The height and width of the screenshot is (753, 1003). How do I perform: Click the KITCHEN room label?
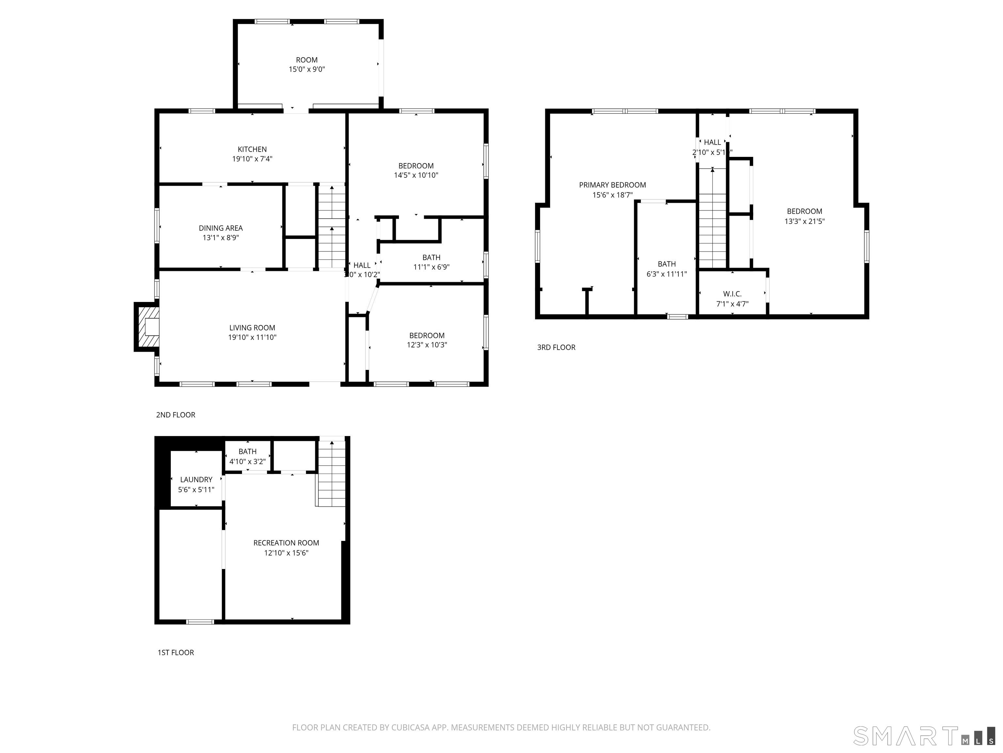click(252, 149)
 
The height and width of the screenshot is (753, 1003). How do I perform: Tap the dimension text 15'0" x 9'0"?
click(307, 69)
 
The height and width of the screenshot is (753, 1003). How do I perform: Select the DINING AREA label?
click(220, 228)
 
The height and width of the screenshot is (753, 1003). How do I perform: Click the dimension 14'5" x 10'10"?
click(416, 175)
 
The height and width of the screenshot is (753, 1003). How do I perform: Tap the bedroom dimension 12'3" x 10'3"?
click(427, 345)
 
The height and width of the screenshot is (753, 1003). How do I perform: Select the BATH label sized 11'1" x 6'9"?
click(431, 257)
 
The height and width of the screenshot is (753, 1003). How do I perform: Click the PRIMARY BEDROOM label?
click(612, 185)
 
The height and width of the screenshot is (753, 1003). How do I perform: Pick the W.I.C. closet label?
click(732, 294)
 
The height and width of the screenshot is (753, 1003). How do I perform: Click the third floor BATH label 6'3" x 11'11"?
click(667, 264)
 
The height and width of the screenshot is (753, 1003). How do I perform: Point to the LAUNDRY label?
click(196, 479)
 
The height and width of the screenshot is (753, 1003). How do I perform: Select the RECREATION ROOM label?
click(286, 543)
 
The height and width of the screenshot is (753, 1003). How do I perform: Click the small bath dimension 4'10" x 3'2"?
click(247, 461)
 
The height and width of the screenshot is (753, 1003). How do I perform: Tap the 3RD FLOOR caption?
click(556, 347)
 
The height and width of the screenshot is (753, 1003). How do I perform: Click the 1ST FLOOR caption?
click(175, 652)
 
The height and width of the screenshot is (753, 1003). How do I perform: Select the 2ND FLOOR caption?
click(175, 414)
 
